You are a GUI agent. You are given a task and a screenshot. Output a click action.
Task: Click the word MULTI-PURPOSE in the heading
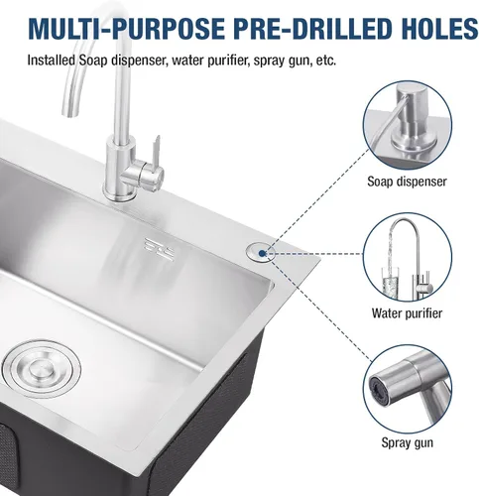click(127, 28)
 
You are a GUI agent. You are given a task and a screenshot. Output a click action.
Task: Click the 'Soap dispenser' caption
click(407, 182)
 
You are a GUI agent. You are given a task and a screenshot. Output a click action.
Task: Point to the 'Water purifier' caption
click(407, 312)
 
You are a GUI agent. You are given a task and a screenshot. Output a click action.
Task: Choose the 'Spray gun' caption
click(408, 442)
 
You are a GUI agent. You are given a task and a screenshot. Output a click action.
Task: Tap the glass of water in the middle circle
click(390, 282)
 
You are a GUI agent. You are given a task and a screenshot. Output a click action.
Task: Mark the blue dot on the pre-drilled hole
click(262, 254)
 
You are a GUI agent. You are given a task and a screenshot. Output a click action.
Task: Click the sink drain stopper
click(42, 368)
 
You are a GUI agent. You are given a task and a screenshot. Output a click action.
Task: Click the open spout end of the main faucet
click(71, 112)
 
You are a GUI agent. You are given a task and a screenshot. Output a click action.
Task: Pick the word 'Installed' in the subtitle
click(52, 61)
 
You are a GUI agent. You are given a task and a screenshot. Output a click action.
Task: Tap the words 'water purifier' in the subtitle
click(210, 61)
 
